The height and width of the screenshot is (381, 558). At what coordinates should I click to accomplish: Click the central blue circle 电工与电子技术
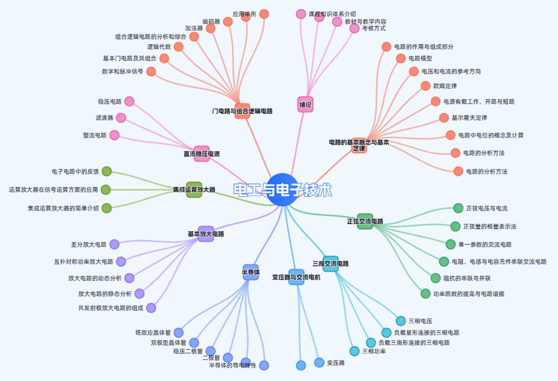tap(282, 190)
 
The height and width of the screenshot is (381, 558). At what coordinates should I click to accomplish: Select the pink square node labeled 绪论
tap(305, 105)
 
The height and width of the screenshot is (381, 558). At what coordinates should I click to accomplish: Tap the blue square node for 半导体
tap(251, 272)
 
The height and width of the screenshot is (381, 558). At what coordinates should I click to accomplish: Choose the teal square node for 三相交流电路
tap(330, 264)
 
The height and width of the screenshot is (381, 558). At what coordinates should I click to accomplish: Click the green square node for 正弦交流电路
tap(365, 221)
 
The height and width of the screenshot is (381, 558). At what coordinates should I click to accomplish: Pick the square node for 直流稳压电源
tap(201, 154)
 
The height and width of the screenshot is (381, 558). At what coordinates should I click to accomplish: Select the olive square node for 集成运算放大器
tap(194, 190)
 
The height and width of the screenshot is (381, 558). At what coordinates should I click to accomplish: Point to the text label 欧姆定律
tap(445, 86)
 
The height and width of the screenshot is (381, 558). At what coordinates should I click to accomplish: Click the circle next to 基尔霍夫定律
tap(444, 118)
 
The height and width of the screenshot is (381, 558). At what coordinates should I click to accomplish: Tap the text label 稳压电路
tap(110, 102)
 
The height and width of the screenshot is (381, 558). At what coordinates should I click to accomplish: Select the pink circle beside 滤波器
tap(121, 118)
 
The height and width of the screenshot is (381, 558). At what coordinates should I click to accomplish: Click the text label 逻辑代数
tap(159, 47)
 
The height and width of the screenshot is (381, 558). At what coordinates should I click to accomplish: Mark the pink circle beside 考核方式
tap(354, 28)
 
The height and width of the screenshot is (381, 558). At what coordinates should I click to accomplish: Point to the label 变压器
tap(336, 363)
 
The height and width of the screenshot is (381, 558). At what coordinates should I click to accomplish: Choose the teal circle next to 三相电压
tap(401, 321)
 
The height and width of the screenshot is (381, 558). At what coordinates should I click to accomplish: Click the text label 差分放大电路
tap(89, 245)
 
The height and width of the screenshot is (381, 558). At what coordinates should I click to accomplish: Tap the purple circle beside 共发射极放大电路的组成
tap(151, 308)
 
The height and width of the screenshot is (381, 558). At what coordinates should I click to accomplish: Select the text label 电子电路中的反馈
tap(75, 172)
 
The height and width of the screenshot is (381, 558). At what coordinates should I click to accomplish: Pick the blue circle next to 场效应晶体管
tap(179, 332)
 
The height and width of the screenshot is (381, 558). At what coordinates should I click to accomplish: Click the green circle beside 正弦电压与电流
tap(458, 208)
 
